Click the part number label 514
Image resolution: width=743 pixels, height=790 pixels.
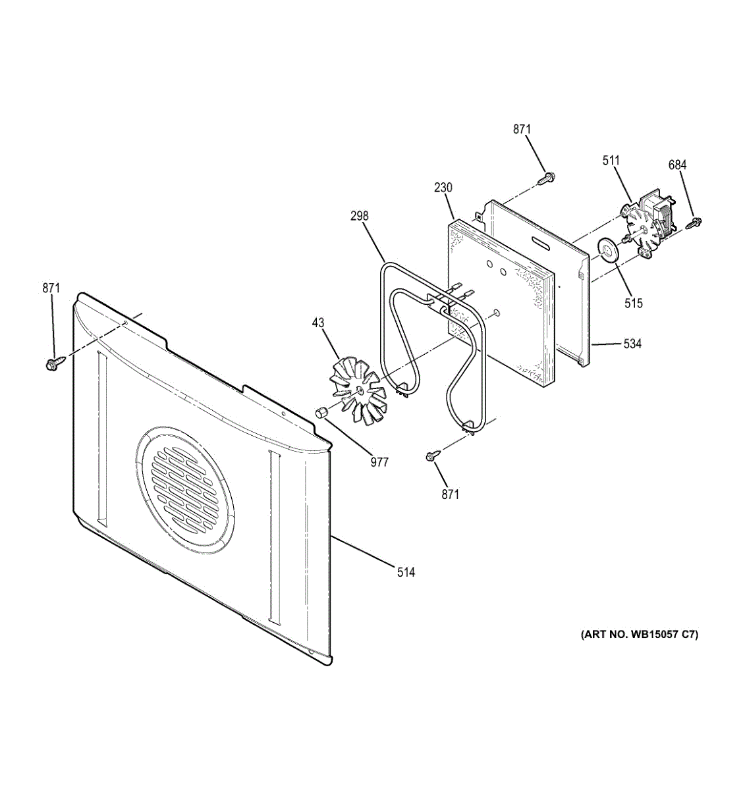click(x=406, y=572)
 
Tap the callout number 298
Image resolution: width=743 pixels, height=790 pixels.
click(x=360, y=216)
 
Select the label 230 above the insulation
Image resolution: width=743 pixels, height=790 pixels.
click(x=443, y=188)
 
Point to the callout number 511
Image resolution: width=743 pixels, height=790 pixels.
click(x=611, y=160)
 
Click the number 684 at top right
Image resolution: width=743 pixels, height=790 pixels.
click(x=677, y=165)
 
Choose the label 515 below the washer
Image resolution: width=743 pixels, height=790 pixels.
click(x=634, y=303)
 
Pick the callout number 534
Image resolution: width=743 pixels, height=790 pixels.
click(x=632, y=344)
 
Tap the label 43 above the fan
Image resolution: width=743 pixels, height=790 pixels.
click(x=318, y=323)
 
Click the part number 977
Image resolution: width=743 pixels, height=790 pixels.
click(x=379, y=462)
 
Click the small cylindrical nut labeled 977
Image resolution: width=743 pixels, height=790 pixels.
click(x=321, y=413)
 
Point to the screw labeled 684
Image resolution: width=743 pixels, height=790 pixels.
click(x=693, y=224)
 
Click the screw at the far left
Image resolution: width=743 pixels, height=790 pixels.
click(x=53, y=363)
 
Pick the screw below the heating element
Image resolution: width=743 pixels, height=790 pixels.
click(x=433, y=455)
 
